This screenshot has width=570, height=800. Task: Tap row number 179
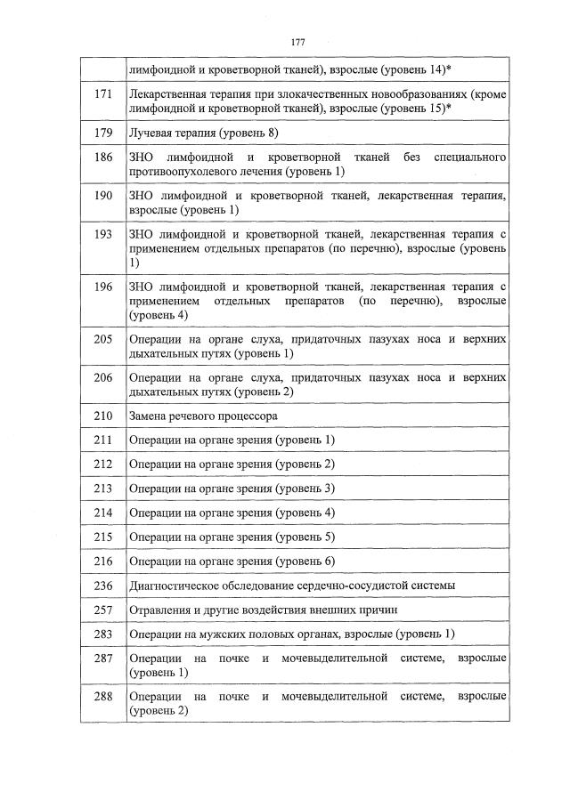pos(102,133)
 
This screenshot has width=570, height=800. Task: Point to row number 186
pos(102,158)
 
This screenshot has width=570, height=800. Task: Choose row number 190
pos(102,196)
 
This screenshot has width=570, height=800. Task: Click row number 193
pos(102,234)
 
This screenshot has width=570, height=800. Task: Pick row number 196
pos(102,287)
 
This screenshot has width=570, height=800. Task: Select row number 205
pos(102,339)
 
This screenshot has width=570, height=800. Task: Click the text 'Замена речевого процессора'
pos(203,416)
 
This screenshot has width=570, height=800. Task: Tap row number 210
pos(102,416)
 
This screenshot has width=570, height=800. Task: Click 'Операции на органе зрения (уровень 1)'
pos(232,440)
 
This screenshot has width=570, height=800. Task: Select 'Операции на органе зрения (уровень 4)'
pos(232,513)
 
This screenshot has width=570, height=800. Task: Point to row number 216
pos(102,561)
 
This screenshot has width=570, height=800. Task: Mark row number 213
pos(102,489)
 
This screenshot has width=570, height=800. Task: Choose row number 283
pos(102,634)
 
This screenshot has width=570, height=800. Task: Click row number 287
pos(102,658)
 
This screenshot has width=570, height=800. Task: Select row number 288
pos(102,696)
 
